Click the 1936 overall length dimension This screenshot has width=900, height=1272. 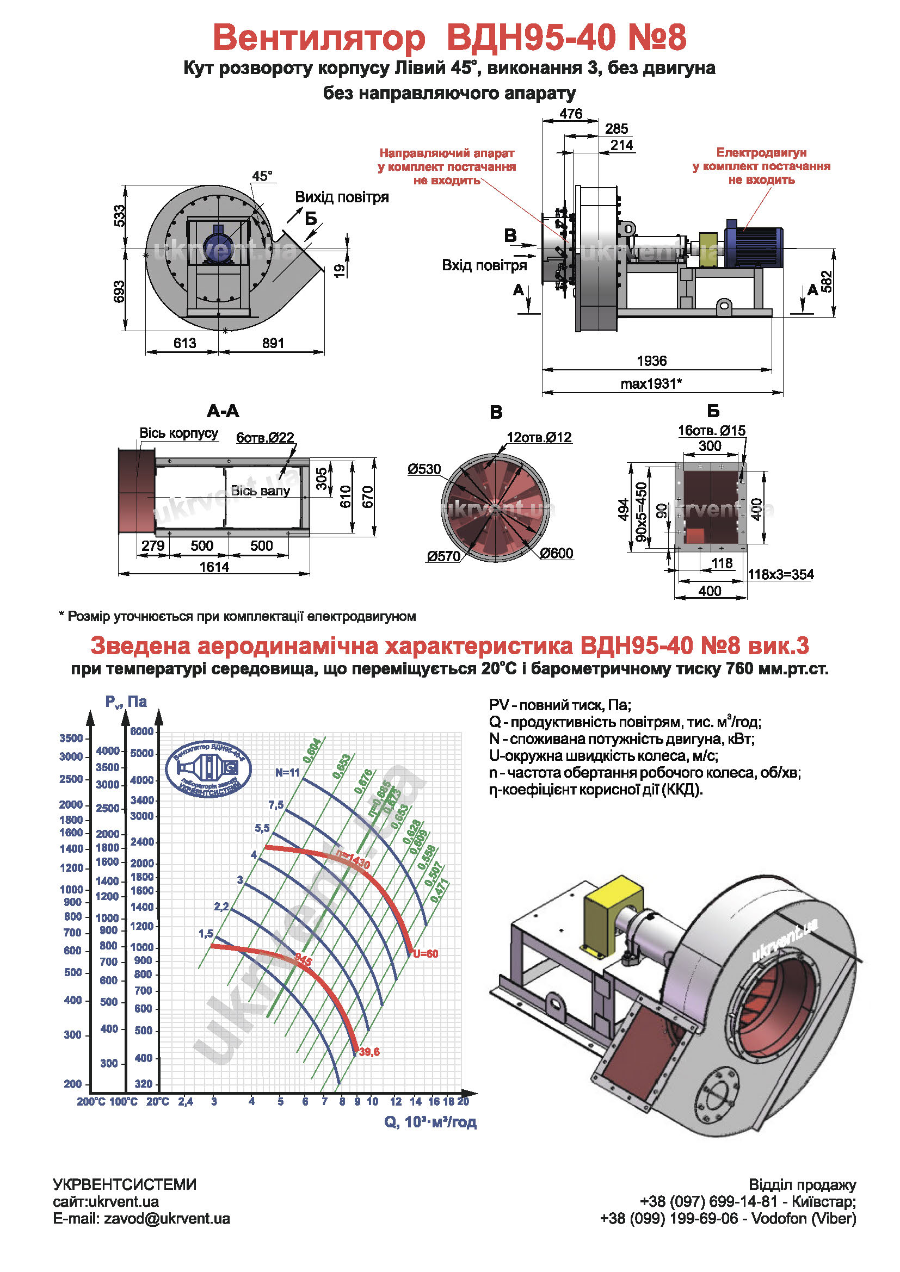651,361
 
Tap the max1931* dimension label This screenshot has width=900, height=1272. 651,383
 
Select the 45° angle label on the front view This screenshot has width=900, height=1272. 262,176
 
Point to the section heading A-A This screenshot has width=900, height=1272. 223,411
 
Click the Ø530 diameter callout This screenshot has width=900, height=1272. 424,469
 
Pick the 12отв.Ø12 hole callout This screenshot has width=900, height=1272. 539,437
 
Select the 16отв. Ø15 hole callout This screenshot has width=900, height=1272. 712,431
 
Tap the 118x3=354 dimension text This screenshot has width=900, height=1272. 781,574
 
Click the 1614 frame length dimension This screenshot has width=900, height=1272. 214,567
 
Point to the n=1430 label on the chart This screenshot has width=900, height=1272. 353,859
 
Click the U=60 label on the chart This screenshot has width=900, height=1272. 425,953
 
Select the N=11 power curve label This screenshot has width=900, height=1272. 287,772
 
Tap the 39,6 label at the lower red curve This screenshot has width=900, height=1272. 369,1052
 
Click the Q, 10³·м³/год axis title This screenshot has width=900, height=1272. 430,1121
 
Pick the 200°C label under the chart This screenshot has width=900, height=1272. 91,1101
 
